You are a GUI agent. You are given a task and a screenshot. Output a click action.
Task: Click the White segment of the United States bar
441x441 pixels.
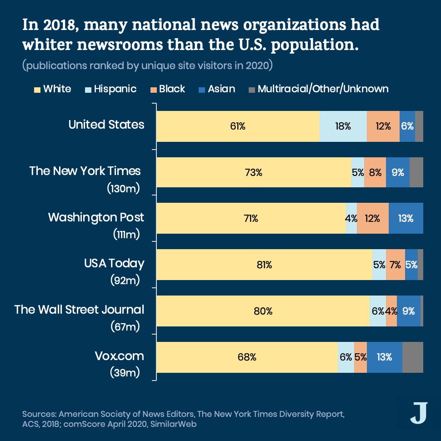238,126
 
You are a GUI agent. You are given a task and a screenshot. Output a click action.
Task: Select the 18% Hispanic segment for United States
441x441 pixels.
343,126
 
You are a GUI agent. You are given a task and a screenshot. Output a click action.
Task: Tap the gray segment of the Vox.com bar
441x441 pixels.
412,357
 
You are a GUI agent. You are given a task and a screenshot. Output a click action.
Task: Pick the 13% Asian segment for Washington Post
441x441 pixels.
406,218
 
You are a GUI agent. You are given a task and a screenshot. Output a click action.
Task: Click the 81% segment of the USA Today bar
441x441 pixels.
264,265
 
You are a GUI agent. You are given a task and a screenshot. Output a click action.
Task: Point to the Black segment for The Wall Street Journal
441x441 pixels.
391,311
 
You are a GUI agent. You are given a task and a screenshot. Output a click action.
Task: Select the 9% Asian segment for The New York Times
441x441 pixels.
397,172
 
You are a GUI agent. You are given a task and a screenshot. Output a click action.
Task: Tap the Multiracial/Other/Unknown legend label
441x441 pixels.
323,89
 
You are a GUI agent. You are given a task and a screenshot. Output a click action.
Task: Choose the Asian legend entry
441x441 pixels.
221,89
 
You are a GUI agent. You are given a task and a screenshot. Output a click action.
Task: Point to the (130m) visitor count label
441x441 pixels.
123,188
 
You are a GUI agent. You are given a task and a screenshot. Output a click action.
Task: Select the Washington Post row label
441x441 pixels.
96,217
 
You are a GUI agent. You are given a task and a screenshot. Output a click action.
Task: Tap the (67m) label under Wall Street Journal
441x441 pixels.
125,326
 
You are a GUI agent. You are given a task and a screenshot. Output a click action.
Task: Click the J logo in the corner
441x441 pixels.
418,412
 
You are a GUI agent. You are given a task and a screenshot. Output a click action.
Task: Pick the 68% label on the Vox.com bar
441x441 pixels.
247,357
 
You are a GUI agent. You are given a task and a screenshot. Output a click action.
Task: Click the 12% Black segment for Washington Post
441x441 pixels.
372,218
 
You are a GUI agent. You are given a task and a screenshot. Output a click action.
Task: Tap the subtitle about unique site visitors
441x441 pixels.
147,65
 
